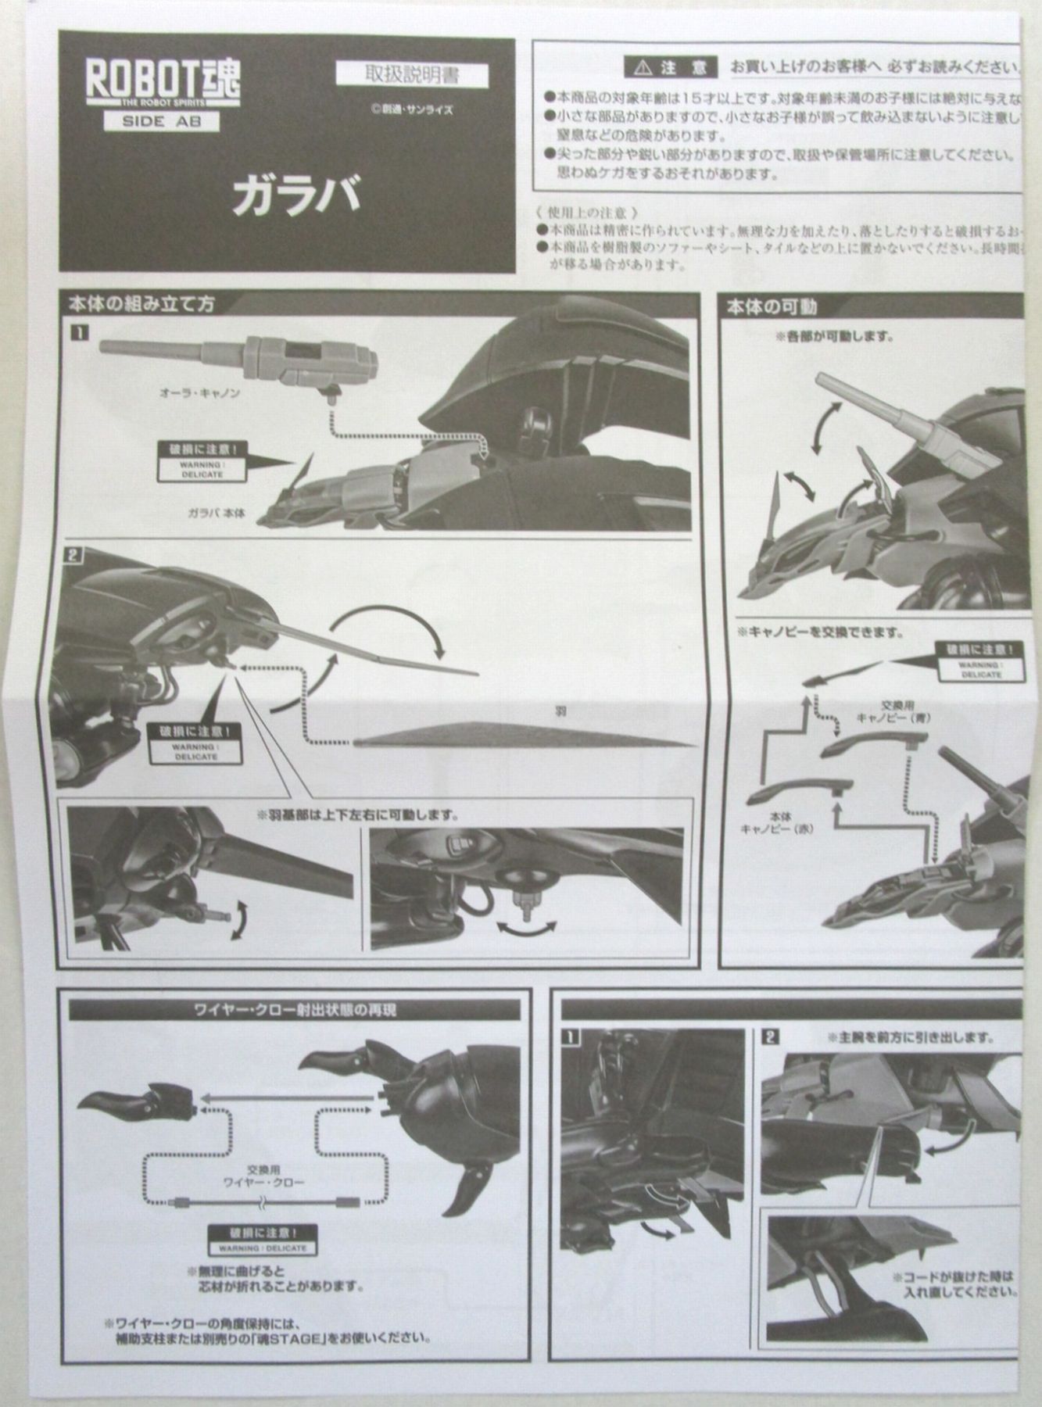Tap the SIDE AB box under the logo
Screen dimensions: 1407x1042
[159, 121]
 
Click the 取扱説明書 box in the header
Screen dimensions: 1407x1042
[411, 76]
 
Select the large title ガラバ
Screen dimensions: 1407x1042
[295, 195]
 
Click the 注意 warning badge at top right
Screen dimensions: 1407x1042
[670, 67]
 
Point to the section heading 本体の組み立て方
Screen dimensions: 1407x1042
[141, 304]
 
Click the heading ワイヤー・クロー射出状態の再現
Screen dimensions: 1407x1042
[295, 1010]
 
